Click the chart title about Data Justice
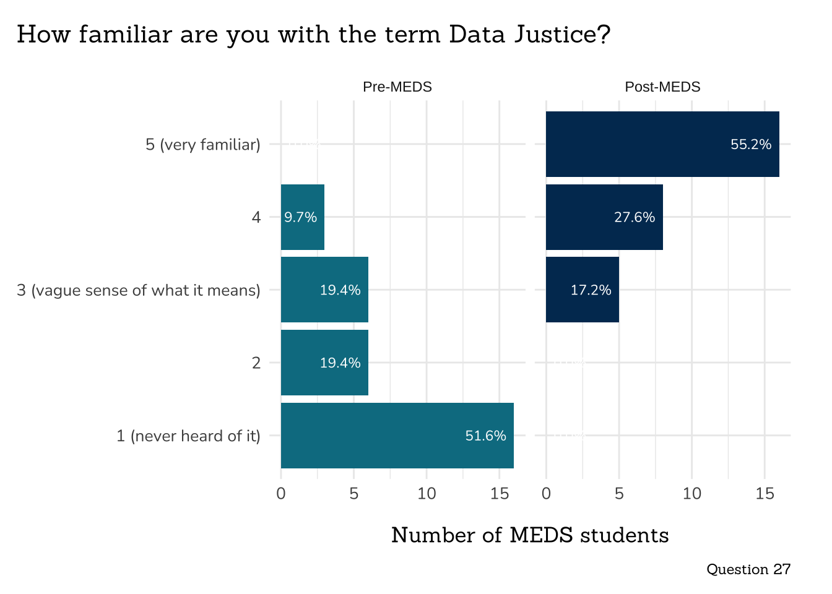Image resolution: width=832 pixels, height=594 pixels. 313,35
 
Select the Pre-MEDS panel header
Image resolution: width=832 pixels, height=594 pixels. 397,87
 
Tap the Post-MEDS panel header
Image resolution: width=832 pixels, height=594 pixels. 662,87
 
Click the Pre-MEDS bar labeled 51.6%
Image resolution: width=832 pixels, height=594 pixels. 397,436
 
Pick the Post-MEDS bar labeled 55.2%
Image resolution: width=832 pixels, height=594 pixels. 662,144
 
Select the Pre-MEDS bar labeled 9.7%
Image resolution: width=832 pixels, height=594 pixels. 302,217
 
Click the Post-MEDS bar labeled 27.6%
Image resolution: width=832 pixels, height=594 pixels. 604,217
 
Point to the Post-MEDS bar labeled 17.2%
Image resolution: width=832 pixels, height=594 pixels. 582,290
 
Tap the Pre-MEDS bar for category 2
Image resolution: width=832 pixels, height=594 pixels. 324,363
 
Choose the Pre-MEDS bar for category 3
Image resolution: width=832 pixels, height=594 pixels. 324,290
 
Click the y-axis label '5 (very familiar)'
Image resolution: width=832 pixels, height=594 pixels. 203,145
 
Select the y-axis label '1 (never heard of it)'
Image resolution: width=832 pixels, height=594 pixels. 188,436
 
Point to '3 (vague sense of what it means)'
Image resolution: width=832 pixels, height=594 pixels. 139,290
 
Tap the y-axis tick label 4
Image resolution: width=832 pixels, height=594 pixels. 256,217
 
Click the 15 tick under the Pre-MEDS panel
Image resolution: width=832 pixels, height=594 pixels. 500,494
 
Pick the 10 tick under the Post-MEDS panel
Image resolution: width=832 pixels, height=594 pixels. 692,494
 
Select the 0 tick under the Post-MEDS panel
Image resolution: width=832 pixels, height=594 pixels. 546,494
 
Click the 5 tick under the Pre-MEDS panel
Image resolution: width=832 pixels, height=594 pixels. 353,494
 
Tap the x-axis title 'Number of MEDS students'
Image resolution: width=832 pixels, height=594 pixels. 530,535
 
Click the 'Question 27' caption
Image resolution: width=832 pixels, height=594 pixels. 748,569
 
